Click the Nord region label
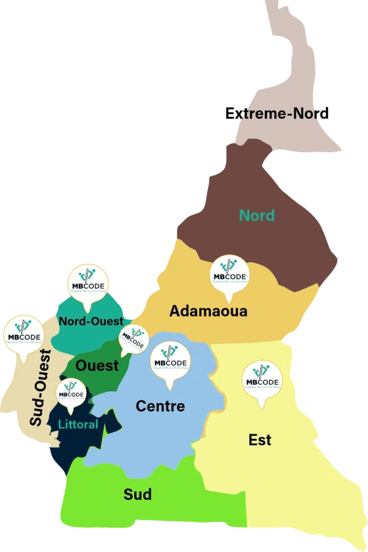pyautogui.click(x=257, y=216)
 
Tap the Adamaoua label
pyautogui.click(x=208, y=311)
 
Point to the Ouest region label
pyautogui.click(x=97, y=365)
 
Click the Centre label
pyautogui.click(x=160, y=406)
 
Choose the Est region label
pyautogui.click(x=260, y=440)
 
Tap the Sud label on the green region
pyautogui.click(x=138, y=494)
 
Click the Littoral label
pyautogui.click(x=78, y=425)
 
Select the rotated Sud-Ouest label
pyautogui.click(x=40, y=388)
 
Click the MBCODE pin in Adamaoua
pyautogui.click(x=229, y=275)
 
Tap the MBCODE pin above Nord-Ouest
pyautogui.click(x=87, y=285)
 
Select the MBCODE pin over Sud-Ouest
pyautogui.click(x=24, y=335)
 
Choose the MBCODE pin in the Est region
pyautogui.click(x=262, y=381)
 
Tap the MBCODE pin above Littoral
pyautogui.click(x=70, y=393)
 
